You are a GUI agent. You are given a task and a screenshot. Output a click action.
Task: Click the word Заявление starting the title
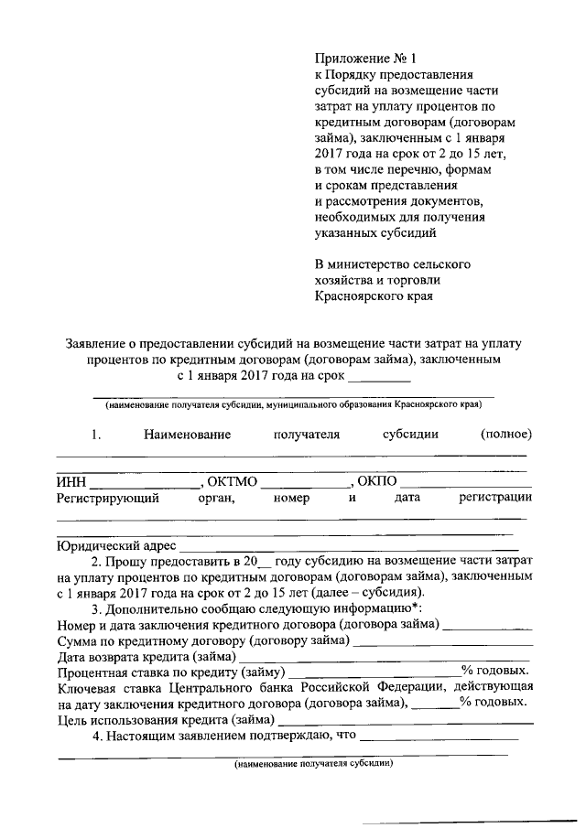click(x=98, y=344)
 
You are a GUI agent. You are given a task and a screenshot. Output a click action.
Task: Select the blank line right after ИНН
click(x=144, y=483)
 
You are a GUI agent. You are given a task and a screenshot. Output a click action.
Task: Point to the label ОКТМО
click(x=233, y=481)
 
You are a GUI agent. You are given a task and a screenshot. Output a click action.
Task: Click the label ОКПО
click(x=376, y=481)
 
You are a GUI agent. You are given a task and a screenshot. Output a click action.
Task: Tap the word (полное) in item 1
click(x=505, y=434)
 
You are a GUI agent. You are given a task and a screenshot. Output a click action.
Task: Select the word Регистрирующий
click(x=108, y=499)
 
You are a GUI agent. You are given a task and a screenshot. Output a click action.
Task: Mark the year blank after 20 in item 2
click(x=266, y=561)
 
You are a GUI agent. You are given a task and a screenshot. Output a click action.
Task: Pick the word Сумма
click(x=78, y=640)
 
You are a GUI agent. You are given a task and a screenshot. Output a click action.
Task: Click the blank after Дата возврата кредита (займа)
click(x=385, y=659)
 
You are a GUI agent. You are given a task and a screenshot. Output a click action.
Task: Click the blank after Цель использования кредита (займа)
click(x=403, y=721)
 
